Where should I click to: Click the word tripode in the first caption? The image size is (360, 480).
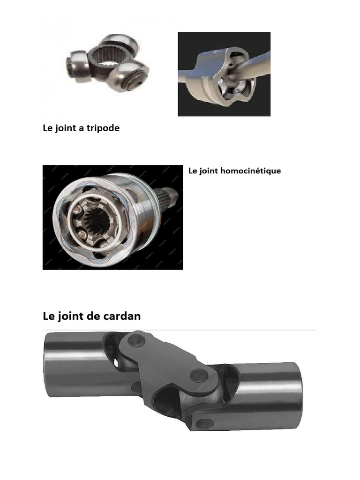103,128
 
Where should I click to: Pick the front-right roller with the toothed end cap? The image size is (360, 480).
131,78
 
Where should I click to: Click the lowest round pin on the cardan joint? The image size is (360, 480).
204,424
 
